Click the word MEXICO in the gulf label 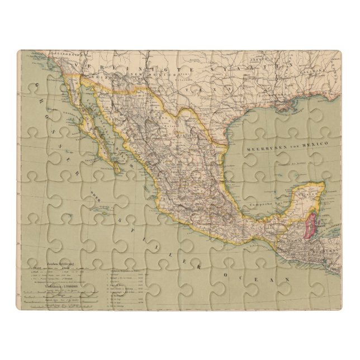click(x=314, y=143)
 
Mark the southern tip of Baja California click(x=119, y=170)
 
